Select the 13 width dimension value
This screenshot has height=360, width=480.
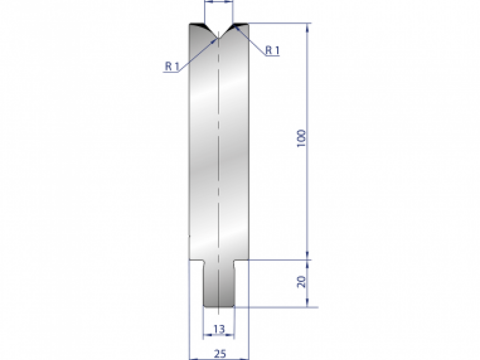[219, 329]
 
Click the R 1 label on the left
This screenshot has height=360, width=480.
[171, 66]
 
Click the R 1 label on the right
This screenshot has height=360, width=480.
[272, 50]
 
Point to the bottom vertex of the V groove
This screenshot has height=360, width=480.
[218, 38]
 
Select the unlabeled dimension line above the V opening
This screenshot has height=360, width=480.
[218, 2]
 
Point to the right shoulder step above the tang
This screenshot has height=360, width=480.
[241, 261]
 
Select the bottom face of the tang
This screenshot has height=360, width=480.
[219, 307]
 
